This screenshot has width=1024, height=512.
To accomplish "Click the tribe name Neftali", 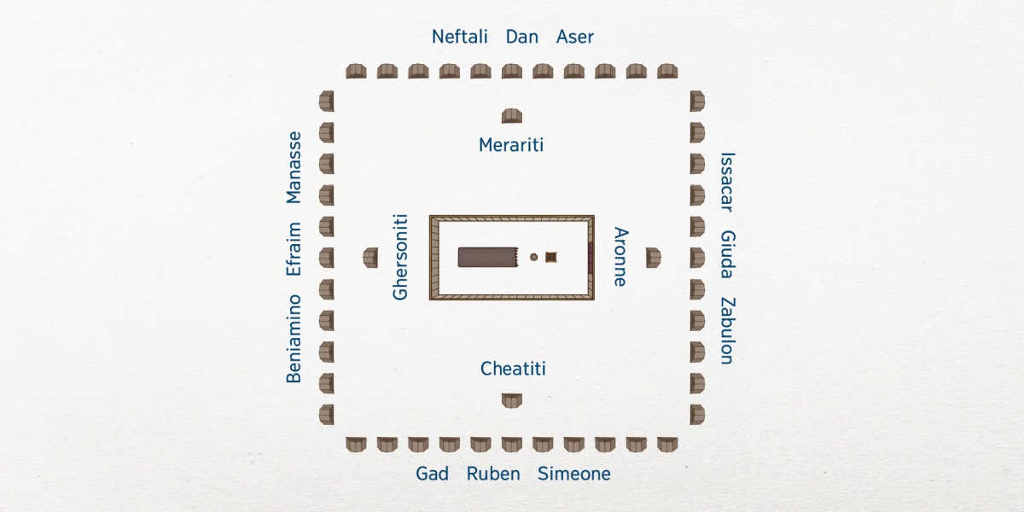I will [459, 37].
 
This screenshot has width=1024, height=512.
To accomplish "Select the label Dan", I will [521, 37].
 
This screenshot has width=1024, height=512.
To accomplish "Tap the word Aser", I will [574, 37].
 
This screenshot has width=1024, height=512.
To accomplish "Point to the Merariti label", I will [511, 145].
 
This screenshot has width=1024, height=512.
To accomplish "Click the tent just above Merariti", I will [512, 116].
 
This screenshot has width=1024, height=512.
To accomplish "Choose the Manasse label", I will [294, 167].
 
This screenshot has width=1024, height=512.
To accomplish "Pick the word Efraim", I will [294, 248].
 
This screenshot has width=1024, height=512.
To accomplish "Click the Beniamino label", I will [294, 338].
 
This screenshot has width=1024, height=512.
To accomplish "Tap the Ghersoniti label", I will [401, 257].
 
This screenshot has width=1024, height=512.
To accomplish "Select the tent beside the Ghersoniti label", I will [370, 257].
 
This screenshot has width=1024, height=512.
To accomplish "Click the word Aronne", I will [621, 257].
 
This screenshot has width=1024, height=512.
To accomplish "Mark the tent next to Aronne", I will [653, 257].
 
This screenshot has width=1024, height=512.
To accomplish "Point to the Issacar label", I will [727, 182].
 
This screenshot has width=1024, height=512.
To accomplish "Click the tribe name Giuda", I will [727, 254].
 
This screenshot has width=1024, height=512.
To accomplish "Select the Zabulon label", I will [727, 331].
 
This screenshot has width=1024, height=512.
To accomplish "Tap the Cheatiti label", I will [513, 369].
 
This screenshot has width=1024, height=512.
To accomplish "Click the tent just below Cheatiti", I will [512, 399].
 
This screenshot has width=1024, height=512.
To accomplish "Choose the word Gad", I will [432, 474].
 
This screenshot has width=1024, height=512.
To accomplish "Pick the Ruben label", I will [493, 474].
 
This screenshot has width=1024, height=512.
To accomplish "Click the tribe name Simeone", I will [573, 474].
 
